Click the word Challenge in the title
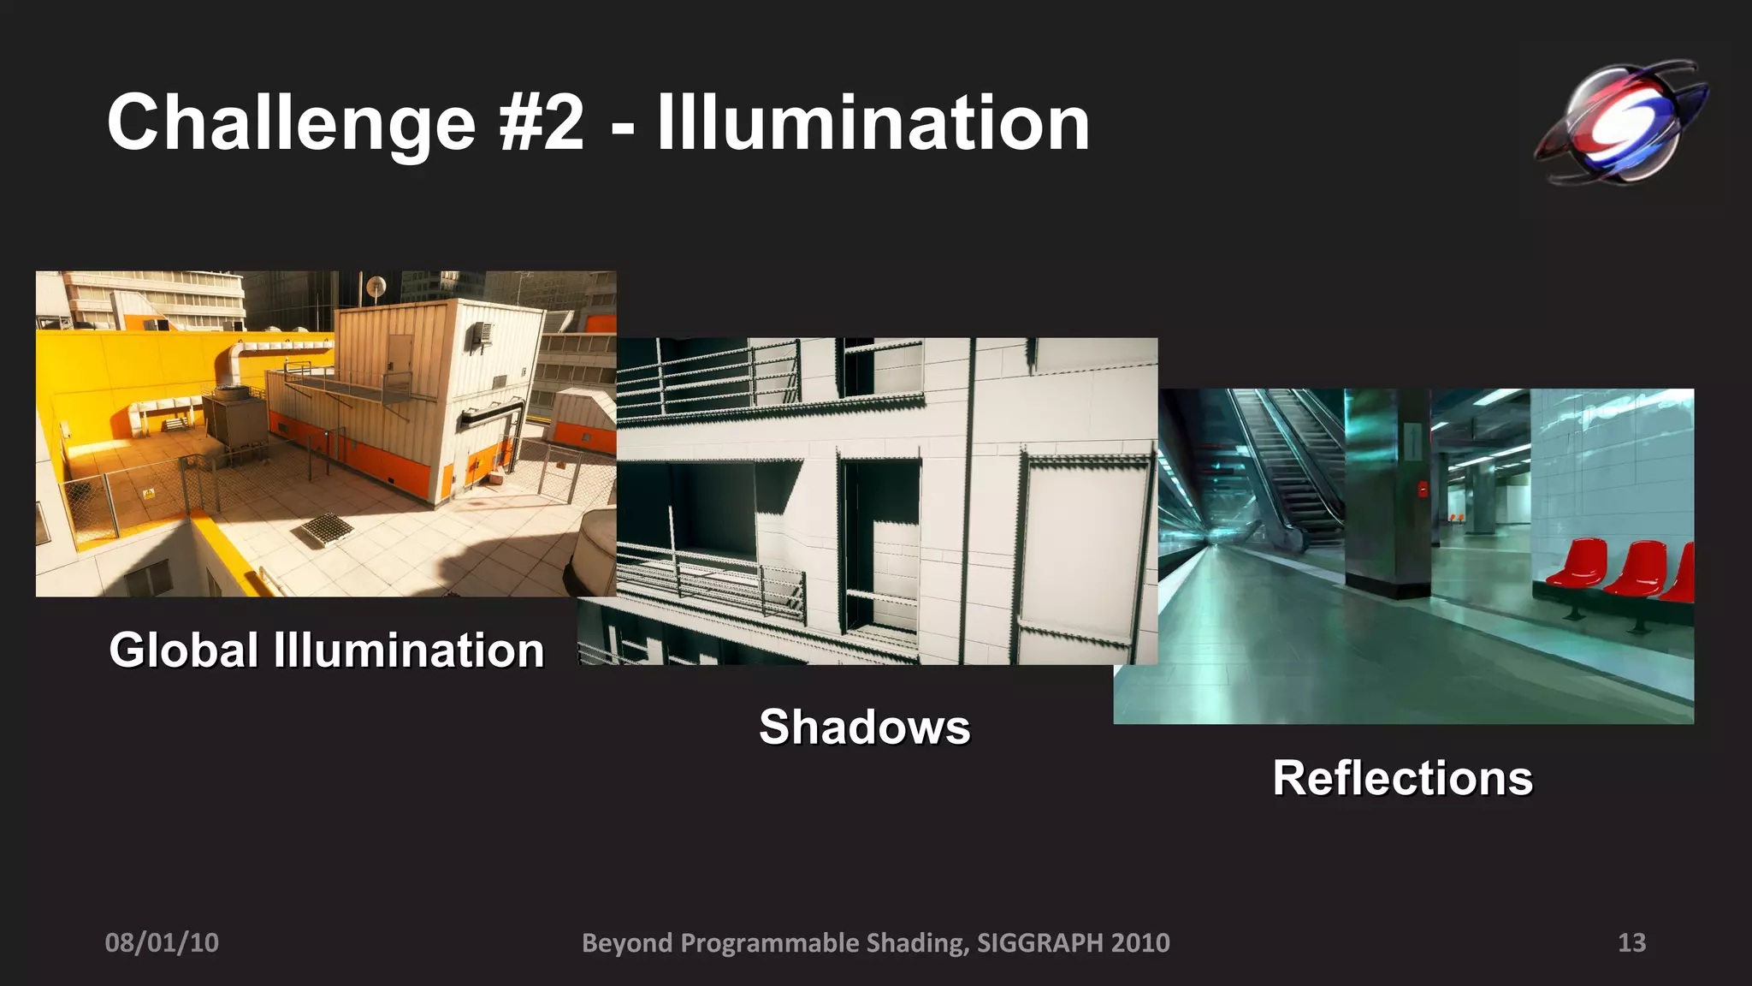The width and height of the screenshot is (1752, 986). click(291, 124)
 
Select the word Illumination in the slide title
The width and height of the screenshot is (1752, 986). click(873, 124)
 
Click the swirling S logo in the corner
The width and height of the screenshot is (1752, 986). click(1619, 122)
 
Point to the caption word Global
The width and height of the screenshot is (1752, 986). click(183, 650)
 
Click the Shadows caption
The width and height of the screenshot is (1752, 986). click(864, 728)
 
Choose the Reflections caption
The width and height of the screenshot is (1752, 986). click(1402, 779)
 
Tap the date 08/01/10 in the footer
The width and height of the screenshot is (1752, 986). click(162, 942)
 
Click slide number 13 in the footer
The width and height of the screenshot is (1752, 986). click(1631, 942)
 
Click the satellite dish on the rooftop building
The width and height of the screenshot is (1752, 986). click(376, 287)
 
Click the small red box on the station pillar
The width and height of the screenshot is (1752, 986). click(1423, 489)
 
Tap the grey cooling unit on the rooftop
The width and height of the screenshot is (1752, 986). click(234, 419)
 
